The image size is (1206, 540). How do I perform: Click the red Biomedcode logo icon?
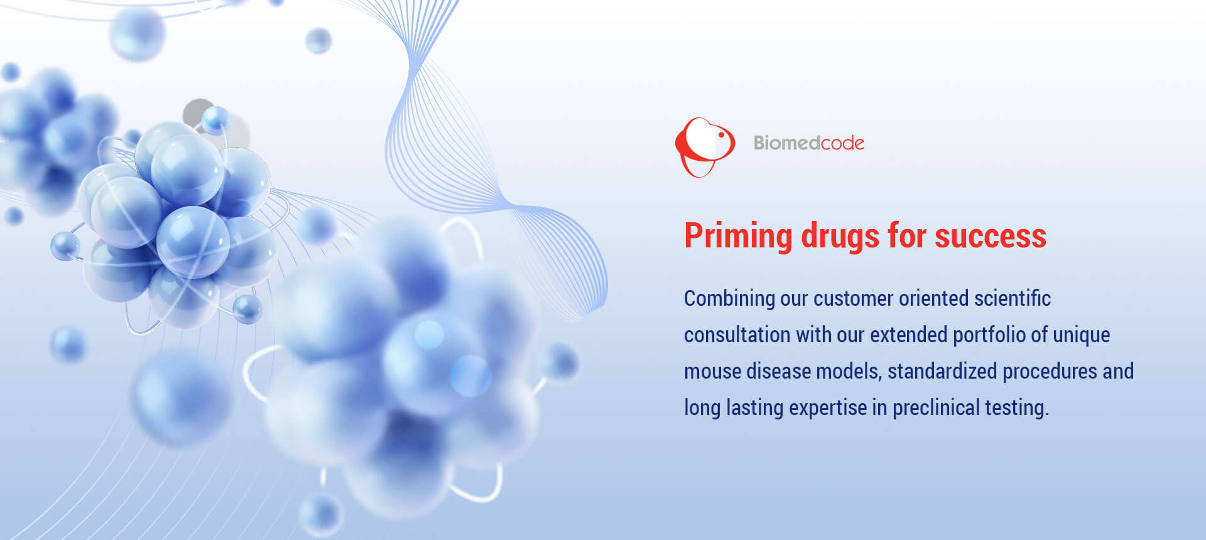click(705, 147)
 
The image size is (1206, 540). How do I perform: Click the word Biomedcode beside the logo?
click(809, 143)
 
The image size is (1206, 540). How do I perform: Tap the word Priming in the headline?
click(738, 237)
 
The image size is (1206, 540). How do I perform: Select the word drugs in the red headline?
click(840, 236)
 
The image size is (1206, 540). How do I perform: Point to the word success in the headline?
click(991, 237)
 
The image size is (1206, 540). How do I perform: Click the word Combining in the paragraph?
click(729, 299)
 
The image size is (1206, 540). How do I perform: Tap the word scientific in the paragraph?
click(1013, 298)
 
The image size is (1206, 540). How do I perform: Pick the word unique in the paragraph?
click(1081, 335)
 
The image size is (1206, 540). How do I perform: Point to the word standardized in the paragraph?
click(942, 371)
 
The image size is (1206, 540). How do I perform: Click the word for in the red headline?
click(907, 236)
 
